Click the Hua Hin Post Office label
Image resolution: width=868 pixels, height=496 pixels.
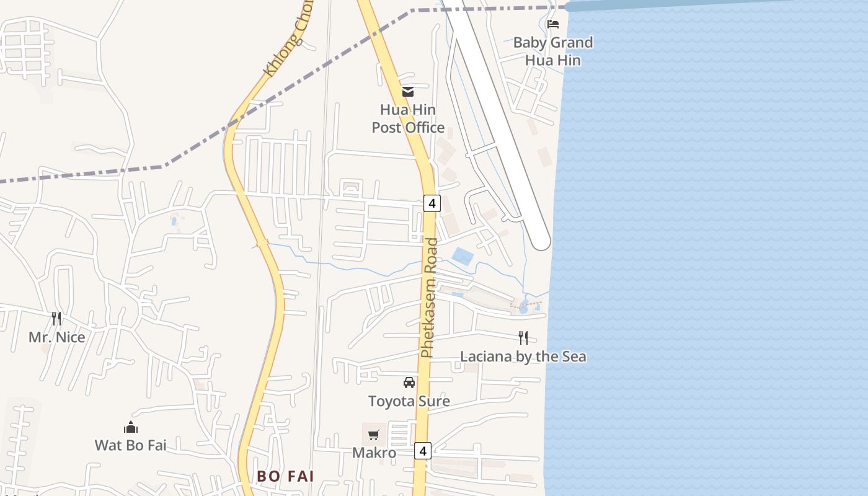(x=408, y=118)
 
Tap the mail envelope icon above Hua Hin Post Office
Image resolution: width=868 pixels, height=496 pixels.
(x=408, y=92)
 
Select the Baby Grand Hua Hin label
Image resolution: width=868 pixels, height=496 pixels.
(x=553, y=51)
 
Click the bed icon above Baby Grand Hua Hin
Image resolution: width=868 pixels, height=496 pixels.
(x=553, y=24)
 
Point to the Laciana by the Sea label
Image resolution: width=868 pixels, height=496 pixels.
(x=523, y=356)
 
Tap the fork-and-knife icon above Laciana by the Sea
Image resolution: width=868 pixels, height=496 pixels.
(x=523, y=337)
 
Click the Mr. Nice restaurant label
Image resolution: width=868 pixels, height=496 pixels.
(x=57, y=337)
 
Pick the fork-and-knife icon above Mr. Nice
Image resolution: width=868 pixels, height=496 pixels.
(x=56, y=318)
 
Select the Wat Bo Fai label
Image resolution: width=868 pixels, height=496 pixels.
(x=130, y=445)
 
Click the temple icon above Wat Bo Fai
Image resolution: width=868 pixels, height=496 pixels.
(x=130, y=427)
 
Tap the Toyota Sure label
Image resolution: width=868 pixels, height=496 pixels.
(x=409, y=401)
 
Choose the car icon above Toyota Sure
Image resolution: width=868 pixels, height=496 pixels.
(x=409, y=382)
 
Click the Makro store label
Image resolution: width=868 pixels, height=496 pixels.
(x=374, y=453)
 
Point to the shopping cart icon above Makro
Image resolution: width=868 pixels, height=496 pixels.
(x=373, y=435)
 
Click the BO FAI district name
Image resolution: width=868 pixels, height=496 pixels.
(x=286, y=476)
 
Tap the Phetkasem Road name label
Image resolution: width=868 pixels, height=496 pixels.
(x=428, y=298)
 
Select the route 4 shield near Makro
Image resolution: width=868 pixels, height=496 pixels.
(x=423, y=451)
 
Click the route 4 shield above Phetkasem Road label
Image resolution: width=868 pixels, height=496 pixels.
(x=432, y=203)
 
